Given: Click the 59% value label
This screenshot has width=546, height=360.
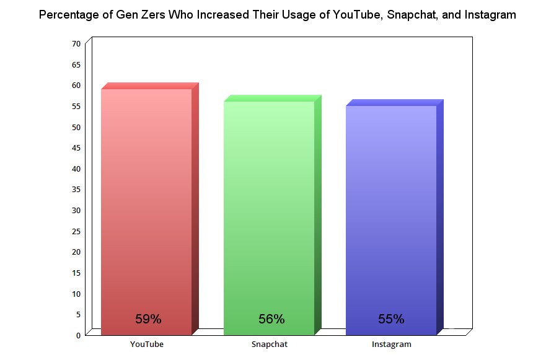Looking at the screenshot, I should click(148, 320).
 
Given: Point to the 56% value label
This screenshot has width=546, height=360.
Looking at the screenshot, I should click(271, 320).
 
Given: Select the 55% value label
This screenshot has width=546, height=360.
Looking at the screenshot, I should click(391, 320).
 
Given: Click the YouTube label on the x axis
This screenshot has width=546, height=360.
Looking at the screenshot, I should click(147, 344).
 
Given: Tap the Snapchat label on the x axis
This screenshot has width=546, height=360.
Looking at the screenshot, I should click(270, 344).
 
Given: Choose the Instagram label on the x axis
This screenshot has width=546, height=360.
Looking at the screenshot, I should click(391, 344).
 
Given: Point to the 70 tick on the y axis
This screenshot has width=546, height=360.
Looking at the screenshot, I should click(76, 43).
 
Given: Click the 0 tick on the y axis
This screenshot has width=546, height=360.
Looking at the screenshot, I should click(78, 335).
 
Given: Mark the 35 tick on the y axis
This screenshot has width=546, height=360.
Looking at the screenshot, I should click(76, 190).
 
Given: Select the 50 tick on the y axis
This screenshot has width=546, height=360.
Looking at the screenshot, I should click(76, 127).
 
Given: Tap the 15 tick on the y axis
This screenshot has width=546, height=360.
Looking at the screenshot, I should click(76, 273).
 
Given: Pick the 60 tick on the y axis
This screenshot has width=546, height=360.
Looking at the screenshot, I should click(76, 86).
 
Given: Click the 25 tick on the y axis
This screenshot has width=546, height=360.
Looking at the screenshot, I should click(76, 231).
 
